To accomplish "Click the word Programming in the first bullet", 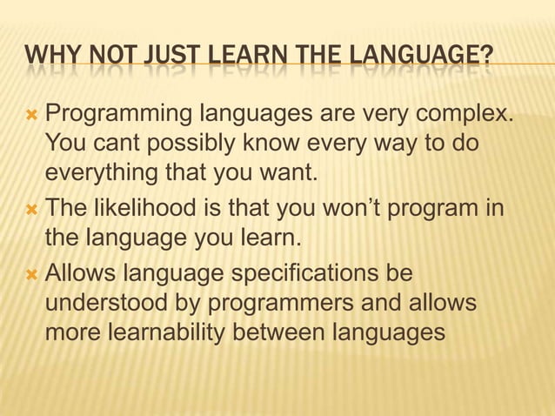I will click(119, 113).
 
